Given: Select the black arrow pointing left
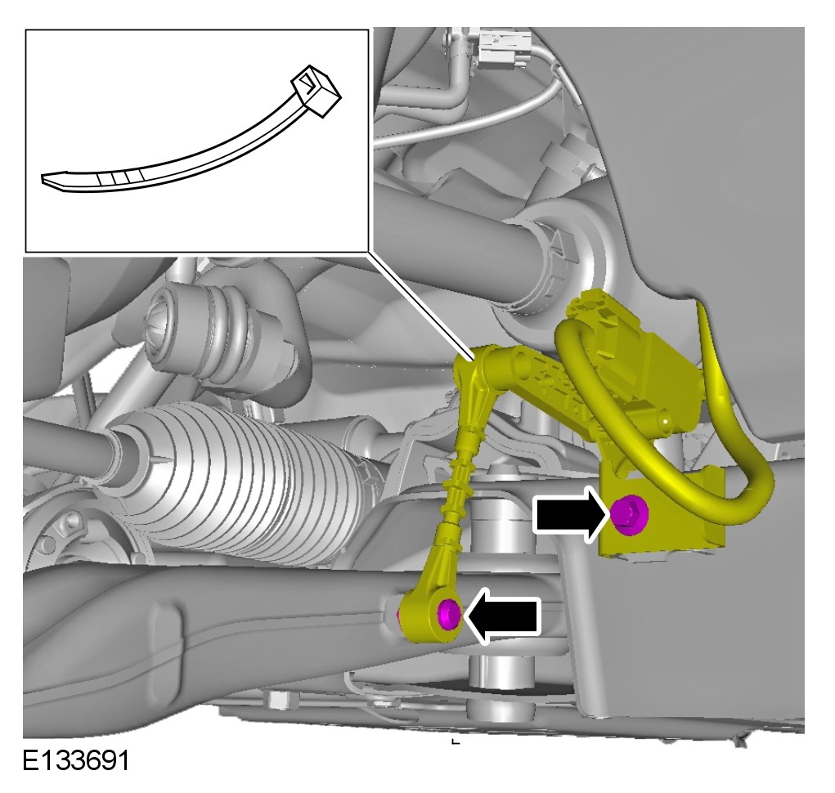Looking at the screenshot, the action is pos(503,616).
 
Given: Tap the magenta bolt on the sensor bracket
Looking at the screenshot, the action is pos(629,515).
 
